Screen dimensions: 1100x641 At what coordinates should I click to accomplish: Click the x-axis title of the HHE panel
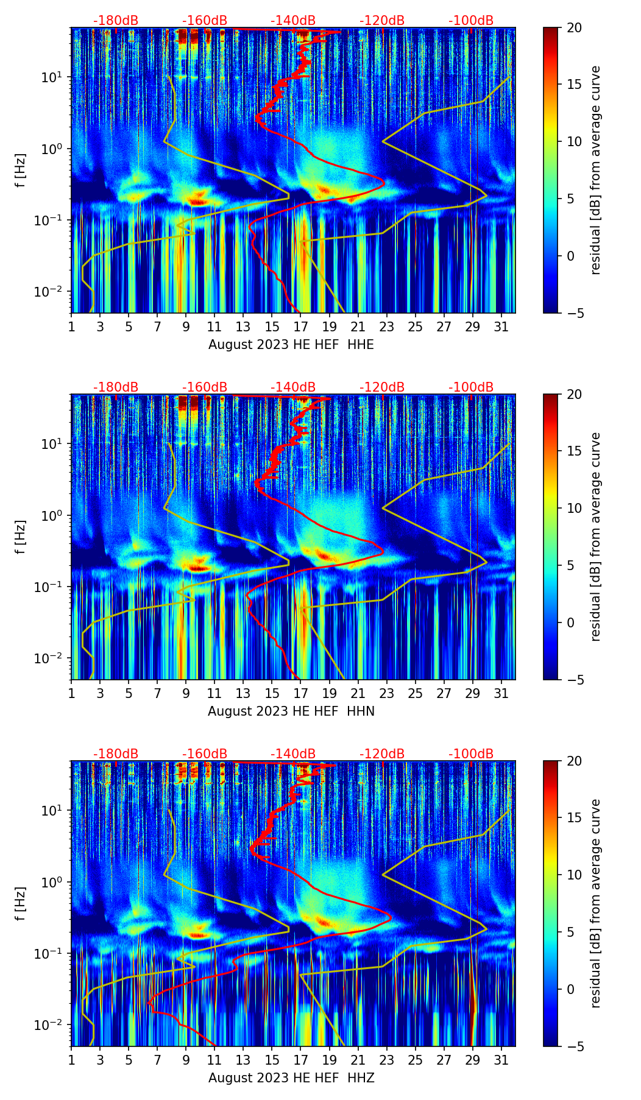coord(291,345)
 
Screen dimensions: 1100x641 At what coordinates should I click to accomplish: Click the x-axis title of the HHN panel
coord(291,711)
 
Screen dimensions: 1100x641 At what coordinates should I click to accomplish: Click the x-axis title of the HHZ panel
coord(291,1078)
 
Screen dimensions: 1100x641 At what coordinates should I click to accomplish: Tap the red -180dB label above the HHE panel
coord(116,21)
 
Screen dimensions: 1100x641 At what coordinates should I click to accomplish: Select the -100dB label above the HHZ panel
coord(471,754)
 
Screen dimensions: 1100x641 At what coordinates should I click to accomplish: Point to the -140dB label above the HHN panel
coord(293,387)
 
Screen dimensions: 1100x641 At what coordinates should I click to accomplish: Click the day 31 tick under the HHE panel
coord(501,326)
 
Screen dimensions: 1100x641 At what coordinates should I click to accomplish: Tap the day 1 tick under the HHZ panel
coord(72,1060)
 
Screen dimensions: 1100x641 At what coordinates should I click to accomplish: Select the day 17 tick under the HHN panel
coord(300,693)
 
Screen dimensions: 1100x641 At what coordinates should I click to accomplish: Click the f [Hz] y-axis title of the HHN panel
coord(21,537)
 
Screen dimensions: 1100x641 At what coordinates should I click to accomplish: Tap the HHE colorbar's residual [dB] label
coord(595,170)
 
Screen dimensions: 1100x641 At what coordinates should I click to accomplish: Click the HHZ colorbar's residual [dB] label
coord(595,903)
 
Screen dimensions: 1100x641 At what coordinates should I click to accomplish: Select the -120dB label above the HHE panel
coord(382,21)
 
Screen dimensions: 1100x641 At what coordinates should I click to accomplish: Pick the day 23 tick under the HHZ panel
coord(386,1060)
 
